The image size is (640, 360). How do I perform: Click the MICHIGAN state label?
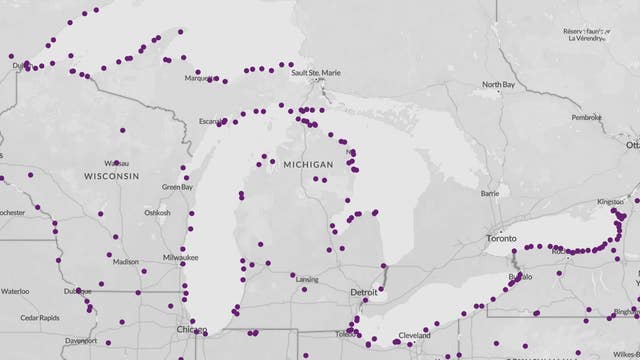pos(307,163)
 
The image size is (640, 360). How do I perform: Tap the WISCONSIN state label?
pos(111,175)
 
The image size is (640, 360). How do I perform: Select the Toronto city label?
pos(500,239)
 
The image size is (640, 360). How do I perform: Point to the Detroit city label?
pos(365,291)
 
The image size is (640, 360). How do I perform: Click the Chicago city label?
pos(191,329)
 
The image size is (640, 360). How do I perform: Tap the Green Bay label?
pos(177,187)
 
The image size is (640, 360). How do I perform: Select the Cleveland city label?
pos(412,335)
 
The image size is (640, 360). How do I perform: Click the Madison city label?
pos(126,262)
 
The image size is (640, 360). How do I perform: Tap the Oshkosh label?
pos(157,212)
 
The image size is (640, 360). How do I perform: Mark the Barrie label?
pos(490,193)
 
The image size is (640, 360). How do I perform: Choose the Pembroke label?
pos(586,117)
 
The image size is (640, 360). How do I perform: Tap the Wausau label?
pos(116,162)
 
